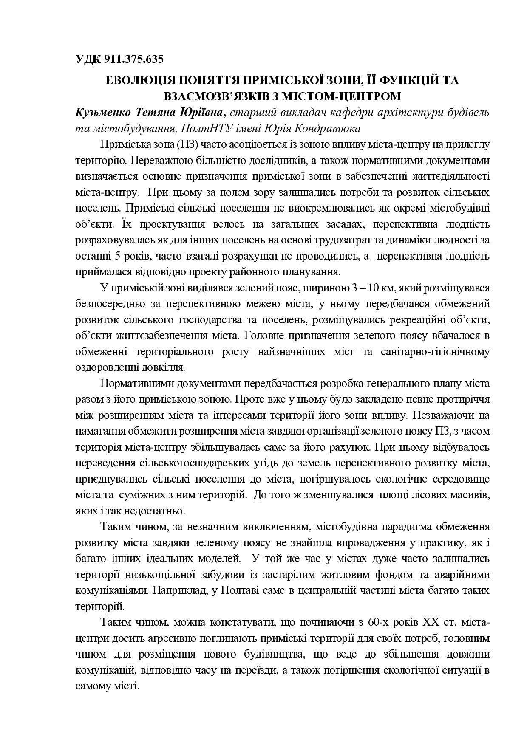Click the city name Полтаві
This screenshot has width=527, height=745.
click(238, 591)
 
